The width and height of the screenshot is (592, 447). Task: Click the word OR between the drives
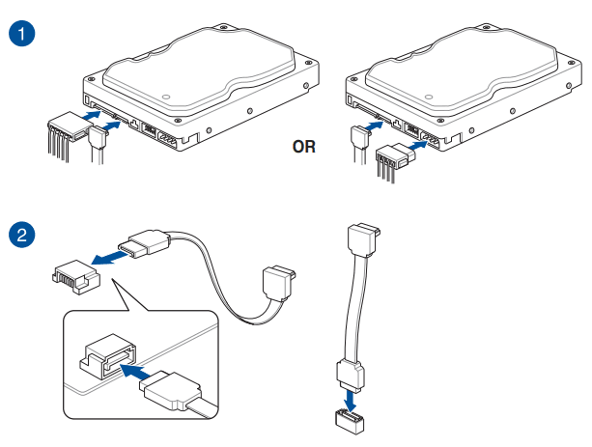pyautogui.click(x=305, y=148)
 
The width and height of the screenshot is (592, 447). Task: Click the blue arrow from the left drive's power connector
pyautogui.click(x=88, y=115)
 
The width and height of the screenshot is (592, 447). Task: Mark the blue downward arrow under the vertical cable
pyautogui.click(x=352, y=396)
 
